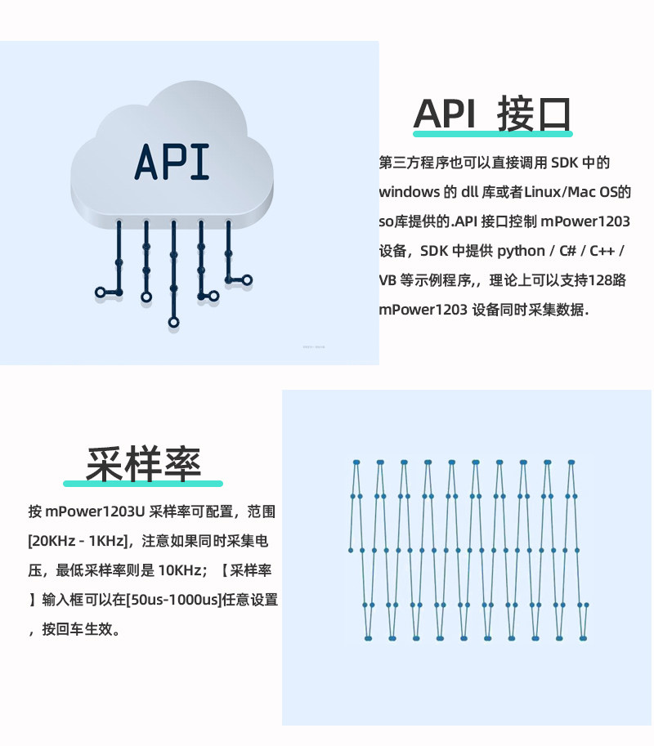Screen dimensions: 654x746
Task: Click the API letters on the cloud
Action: pos(172,162)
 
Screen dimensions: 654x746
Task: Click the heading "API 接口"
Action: pos(492,114)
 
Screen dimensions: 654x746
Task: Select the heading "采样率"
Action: pos(143,463)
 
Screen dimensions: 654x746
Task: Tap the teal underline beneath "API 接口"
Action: pos(493,134)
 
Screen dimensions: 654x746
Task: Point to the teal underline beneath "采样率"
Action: pos(143,484)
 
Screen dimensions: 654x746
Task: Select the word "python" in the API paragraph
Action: pos(521,251)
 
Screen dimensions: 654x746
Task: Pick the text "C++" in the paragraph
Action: pos(602,251)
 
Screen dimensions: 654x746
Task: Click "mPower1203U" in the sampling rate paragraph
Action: pos(94,511)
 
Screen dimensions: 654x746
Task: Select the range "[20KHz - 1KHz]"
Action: pos(77,541)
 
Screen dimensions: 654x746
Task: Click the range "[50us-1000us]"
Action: pos(174,600)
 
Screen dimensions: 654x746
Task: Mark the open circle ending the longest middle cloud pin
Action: pos(174,323)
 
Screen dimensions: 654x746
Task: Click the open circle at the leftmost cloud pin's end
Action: pos(101,293)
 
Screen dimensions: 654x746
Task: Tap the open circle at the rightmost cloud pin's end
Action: pos(247,280)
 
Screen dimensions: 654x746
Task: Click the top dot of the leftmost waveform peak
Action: pos(356,462)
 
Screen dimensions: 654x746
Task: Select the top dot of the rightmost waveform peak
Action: pos(571,462)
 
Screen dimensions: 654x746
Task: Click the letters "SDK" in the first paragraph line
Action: pos(564,163)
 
